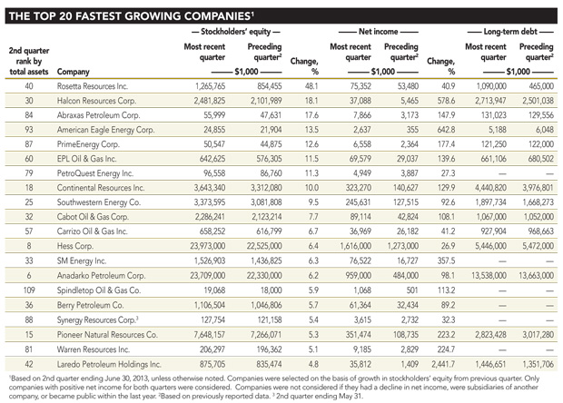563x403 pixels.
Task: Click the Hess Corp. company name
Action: [74, 244]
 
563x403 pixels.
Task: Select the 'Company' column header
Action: [73, 70]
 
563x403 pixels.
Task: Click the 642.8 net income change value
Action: [441, 129]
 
